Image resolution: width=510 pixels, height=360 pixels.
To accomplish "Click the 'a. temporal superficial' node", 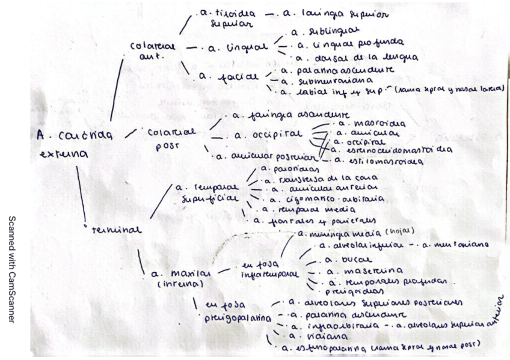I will pos(206,192).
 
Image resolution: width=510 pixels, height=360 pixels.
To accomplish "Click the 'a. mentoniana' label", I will pos(455,245).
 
